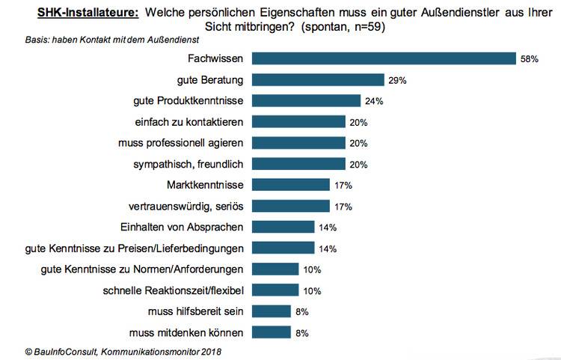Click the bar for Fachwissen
tap(384, 58)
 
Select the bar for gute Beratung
tap(318, 79)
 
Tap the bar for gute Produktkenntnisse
tap(307, 100)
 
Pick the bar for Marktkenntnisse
tap(291, 184)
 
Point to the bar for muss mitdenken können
tap(271, 332)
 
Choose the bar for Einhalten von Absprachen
tap(283, 227)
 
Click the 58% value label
tap(530, 58)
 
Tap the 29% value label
tap(397, 79)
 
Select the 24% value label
tap(374, 100)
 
